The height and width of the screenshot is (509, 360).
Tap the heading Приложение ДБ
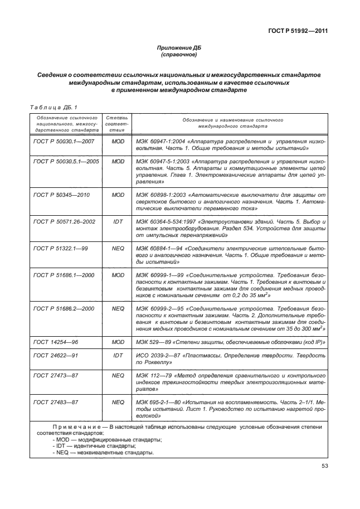coord(179,49)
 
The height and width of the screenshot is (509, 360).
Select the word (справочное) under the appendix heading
coord(179,56)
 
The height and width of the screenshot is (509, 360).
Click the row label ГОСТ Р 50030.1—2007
coord(64,143)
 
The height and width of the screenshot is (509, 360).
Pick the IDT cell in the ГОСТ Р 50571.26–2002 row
coord(118,221)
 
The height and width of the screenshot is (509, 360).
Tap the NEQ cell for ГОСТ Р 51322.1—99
coord(118,248)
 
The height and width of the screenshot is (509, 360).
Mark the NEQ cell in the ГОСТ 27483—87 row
coord(118,401)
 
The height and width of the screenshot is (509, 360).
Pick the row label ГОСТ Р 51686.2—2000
coord(64,308)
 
